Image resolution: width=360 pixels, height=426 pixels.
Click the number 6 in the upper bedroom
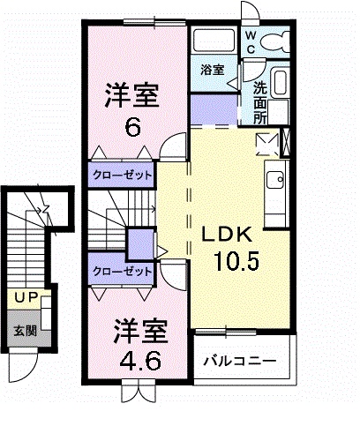pos(133,126)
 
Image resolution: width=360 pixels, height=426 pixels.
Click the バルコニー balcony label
pos(240,362)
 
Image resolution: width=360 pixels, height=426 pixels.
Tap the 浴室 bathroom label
pos(212,69)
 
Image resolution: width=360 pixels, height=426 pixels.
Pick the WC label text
pos(250,41)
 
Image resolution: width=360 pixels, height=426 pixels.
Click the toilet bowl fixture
pos(277,41)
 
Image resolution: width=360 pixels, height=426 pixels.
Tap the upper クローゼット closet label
pos(121,175)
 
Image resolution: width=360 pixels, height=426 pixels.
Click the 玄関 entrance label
pos(24,332)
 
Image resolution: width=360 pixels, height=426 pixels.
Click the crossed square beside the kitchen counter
pos(265,142)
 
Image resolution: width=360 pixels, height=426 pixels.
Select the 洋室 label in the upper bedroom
pos(132,93)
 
